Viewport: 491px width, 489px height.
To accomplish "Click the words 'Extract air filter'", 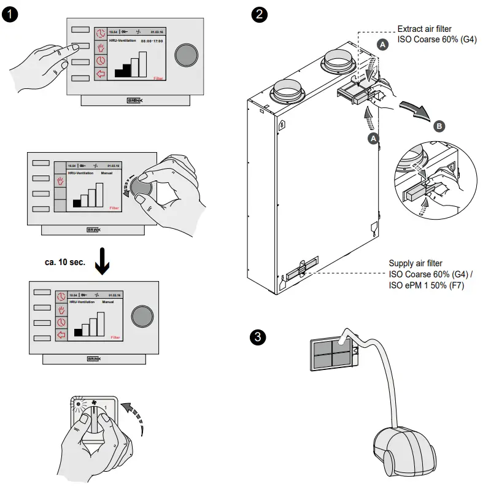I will [428, 29].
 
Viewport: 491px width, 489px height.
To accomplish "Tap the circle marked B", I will [439, 126].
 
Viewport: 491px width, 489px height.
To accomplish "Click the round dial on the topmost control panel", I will [188, 55].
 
